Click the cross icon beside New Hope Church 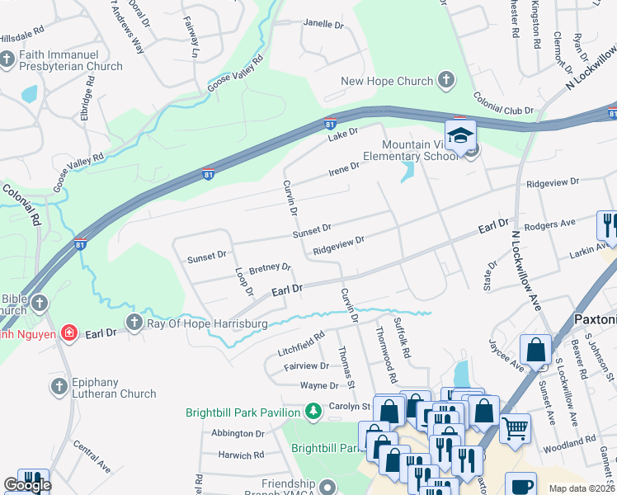tap(446, 81)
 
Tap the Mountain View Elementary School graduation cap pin tap(461, 134)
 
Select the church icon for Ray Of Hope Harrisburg tap(134, 323)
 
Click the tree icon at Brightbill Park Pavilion tap(313, 410)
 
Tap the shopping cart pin tap(516, 427)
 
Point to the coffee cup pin tap(521, 485)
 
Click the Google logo tap(26, 485)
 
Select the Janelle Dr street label tap(323, 25)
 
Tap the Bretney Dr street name tap(270, 268)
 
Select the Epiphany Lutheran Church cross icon tap(59, 386)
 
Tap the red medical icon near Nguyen tap(70, 333)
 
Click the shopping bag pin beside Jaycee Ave tap(536, 349)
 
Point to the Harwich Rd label tap(241, 455)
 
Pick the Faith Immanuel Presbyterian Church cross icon tap(7, 59)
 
